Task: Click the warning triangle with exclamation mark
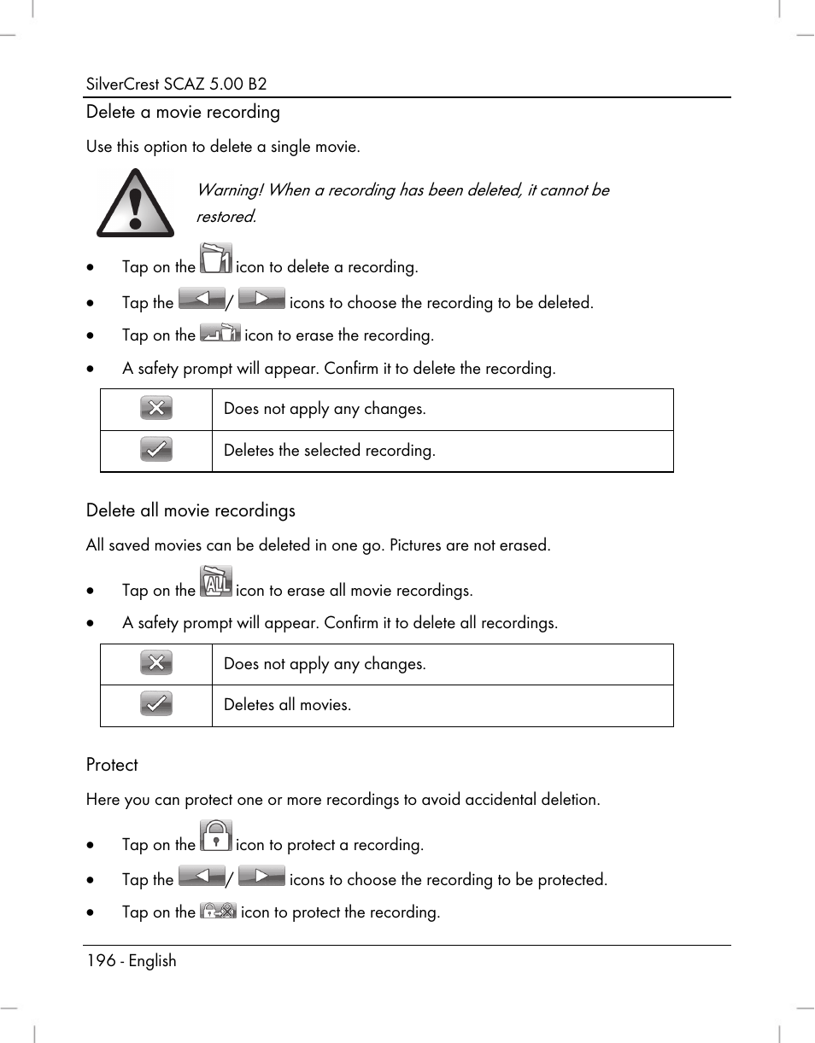[135, 203]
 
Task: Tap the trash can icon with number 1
[215, 259]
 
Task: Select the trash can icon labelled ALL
[215, 581]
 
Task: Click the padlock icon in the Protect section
[216, 836]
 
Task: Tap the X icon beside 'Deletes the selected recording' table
[156, 409]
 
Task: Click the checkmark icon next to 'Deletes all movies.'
[156, 704]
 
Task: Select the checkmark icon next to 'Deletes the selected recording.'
[156, 450]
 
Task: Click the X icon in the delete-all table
[156, 663]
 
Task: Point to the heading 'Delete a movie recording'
[183, 112]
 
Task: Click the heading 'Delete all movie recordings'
[191, 510]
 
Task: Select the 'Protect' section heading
[112, 765]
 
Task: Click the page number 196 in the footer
[101, 960]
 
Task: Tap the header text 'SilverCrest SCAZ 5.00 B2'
[177, 84]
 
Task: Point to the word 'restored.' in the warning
[226, 217]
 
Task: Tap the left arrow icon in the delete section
[202, 299]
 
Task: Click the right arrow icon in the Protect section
[261, 877]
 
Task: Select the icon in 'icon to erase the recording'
[220, 334]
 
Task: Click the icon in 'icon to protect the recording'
[218, 911]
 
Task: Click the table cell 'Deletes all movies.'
[287, 705]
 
